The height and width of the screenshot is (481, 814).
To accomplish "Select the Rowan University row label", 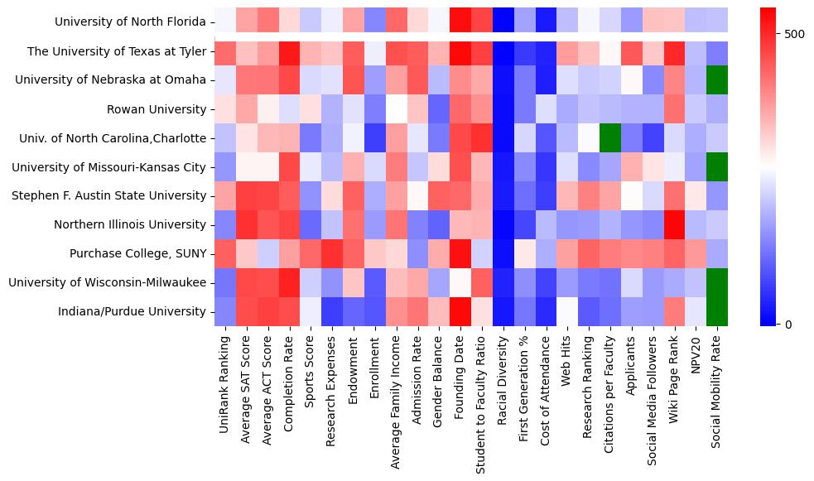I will [157, 109].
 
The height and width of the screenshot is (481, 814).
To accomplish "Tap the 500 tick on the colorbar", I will [793, 34].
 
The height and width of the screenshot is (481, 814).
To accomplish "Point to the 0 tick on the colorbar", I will [788, 324].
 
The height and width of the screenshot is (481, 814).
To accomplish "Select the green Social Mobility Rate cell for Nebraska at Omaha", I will [717, 80].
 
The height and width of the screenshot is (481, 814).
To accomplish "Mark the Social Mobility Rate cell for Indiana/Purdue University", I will [717, 311].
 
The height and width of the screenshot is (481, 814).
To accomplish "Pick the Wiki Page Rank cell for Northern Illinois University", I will [674, 224].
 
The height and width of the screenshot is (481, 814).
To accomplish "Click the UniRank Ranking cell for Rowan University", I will [224, 109].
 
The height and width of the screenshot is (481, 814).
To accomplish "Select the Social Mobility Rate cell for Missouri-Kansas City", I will [717, 166].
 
